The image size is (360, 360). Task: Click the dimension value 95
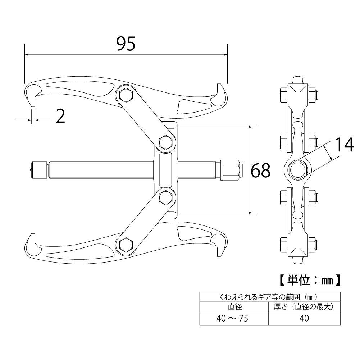126,44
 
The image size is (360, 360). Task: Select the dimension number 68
260,170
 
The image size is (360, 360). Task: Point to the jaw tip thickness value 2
61,117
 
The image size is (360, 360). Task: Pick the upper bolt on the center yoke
166,142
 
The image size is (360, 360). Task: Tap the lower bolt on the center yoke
166,197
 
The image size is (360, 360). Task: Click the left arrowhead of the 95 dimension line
27,55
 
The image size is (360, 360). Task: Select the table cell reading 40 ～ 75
234,318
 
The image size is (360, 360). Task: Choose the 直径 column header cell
234,307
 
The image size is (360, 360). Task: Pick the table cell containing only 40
304,318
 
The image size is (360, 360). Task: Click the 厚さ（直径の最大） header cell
304,307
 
